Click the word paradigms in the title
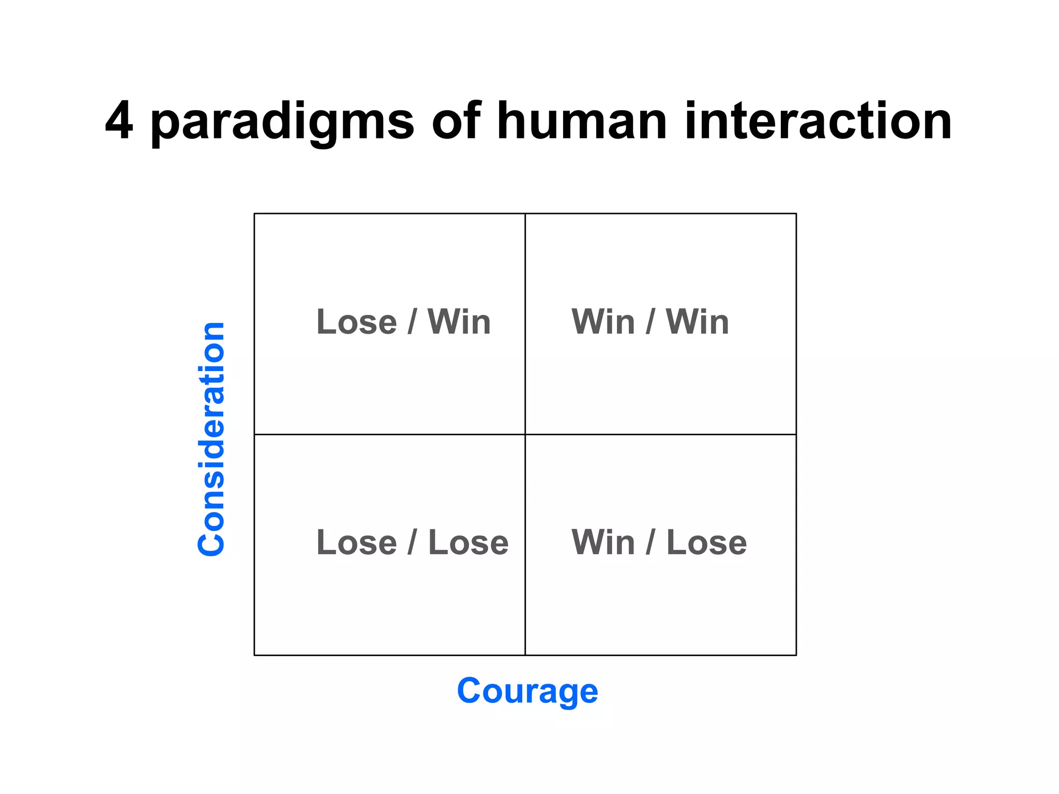(x=282, y=124)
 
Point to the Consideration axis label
(x=211, y=439)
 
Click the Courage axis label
(x=527, y=692)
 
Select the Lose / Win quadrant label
(x=403, y=322)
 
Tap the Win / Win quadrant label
(x=650, y=322)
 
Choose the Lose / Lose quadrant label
(x=412, y=543)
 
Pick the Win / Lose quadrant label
(x=659, y=543)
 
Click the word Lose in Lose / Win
(x=356, y=322)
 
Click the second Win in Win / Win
(x=697, y=322)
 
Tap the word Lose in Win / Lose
(x=706, y=543)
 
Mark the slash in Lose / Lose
(x=412, y=543)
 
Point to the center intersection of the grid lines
(x=525, y=434)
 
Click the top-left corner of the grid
(x=254, y=213)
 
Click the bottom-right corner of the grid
(x=796, y=655)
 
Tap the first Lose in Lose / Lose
(x=356, y=543)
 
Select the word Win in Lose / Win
(x=459, y=322)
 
